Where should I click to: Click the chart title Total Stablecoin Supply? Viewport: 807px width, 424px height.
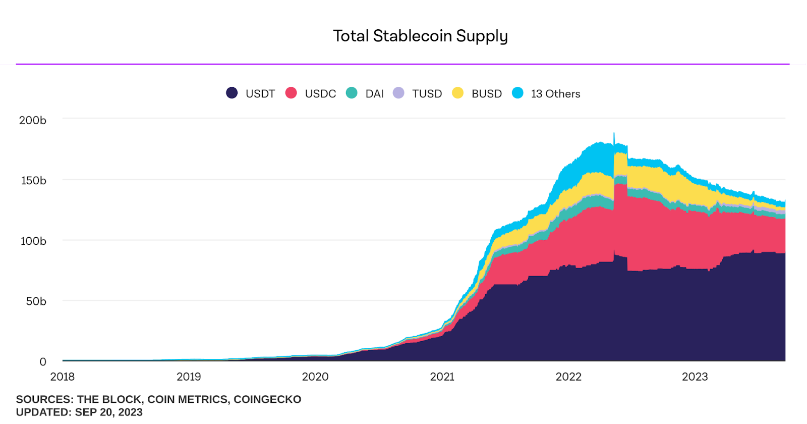(420, 36)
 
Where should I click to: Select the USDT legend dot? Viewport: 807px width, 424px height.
(232, 93)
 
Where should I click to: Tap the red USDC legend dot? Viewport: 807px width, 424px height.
(291, 93)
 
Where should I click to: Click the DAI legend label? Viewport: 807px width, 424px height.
(374, 94)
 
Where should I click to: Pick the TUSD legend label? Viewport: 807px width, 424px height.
(427, 94)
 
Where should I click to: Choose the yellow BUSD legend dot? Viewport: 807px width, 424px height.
(457, 93)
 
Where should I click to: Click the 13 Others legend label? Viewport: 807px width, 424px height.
(555, 94)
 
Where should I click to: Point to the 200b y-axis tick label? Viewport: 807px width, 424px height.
(33, 120)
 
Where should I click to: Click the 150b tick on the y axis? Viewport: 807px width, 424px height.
(33, 181)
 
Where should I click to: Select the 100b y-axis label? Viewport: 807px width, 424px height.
(33, 241)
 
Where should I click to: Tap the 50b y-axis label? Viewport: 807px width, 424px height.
(36, 301)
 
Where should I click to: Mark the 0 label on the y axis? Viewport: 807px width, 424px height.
(43, 361)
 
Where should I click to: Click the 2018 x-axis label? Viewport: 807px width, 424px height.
(63, 377)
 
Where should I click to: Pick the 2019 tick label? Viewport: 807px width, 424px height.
(189, 377)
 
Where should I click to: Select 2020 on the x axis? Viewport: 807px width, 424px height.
(315, 377)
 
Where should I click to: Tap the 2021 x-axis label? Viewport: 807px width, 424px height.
(442, 377)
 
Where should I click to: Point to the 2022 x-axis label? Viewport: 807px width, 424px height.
(568, 377)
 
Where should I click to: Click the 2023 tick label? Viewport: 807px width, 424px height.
(695, 377)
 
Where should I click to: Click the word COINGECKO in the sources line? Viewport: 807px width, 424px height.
(267, 399)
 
